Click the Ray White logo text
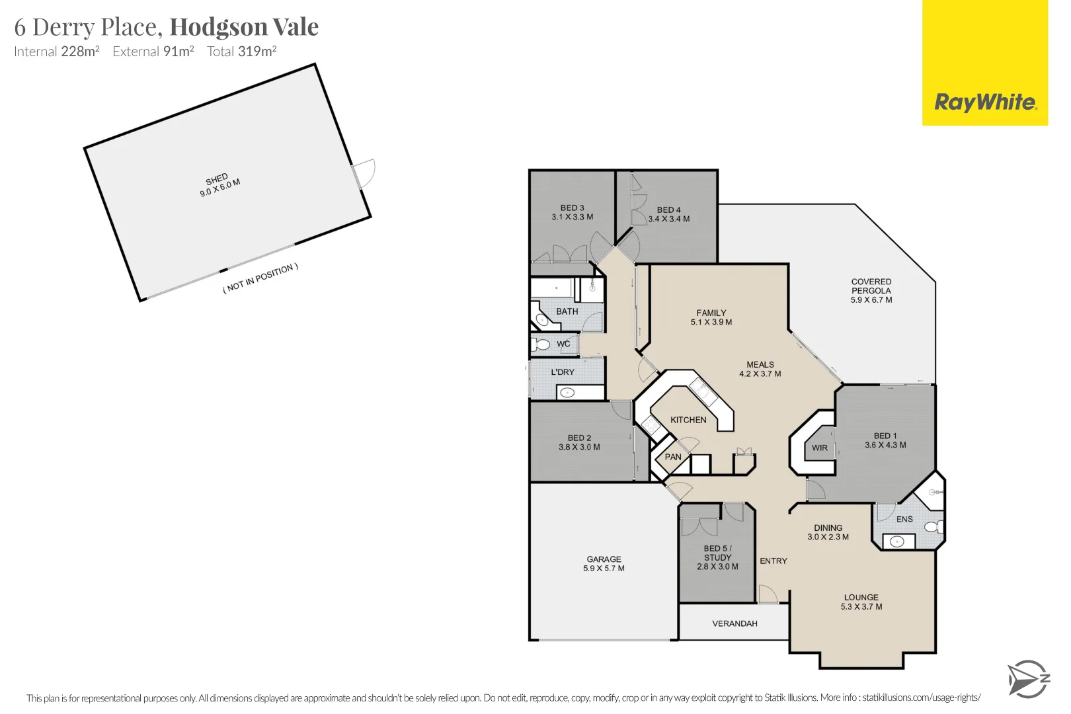coord(985,102)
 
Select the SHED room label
coord(217,179)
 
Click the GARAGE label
coord(604,559)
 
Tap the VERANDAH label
coord(734,623)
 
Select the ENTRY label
coord(773,561)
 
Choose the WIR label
coord(820,448)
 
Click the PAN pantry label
coord(673,457)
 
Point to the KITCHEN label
coord(688,420)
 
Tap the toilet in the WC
coord(542,344)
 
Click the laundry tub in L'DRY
coord(567,393)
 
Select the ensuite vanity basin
coord(897,541)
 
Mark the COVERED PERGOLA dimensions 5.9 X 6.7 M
coord(871,300)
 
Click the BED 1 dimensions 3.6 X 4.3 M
coord(885,445)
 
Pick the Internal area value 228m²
coord(80,52)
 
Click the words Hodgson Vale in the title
coord(244,27)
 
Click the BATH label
coord(567,311)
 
